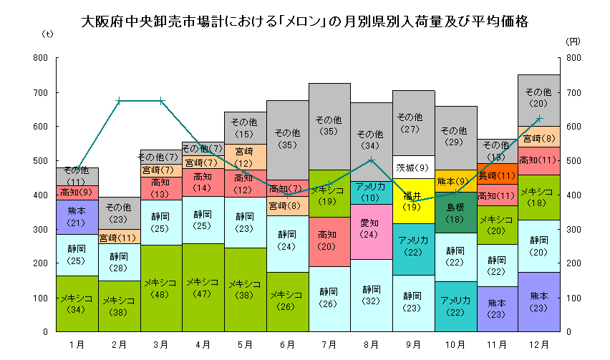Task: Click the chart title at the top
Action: (305, 21)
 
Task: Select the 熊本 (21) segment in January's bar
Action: (77, 217)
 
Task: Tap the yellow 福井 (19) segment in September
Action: (413, 201)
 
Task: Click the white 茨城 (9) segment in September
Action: (413, 167)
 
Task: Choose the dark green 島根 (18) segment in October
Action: (455, 213)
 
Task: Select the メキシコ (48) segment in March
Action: (161, 288)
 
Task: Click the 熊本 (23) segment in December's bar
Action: (539, 301)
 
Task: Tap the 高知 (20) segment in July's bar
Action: (329, 241)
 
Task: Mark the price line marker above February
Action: (119, 101)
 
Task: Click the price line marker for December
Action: (539, 119)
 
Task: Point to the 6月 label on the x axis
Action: (287, 344)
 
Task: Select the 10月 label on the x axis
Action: (455, 344)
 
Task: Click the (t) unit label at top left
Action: (47, 34)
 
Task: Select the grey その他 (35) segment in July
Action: (329, 126)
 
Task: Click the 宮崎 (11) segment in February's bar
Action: (119, 238)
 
